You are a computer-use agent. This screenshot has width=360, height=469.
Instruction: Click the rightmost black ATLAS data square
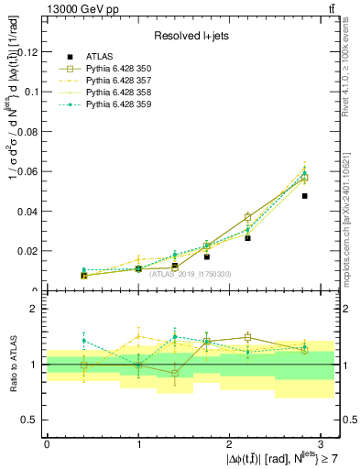(x=305, y=196)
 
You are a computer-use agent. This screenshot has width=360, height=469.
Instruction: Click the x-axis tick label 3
(x=322, y=443)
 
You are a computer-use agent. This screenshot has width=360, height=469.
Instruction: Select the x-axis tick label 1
(x=138, y=443)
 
